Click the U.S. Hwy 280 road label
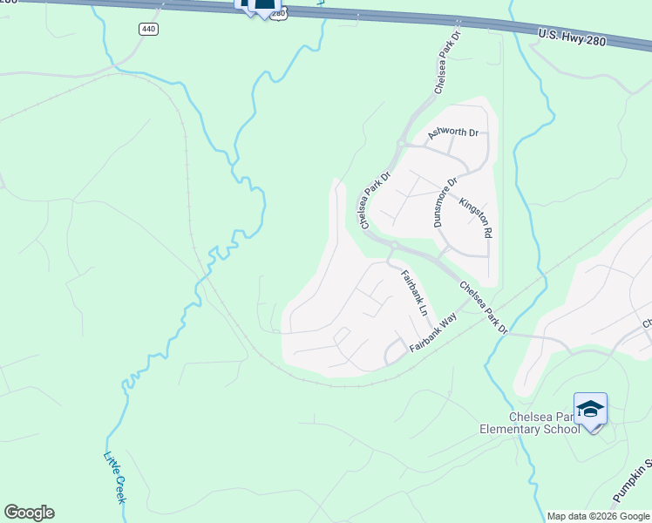[x=571, y=37]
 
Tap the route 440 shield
[x=148, y=29]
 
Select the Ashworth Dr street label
[x=452, y=133]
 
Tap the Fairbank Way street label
[x=433, y=333]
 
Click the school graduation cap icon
[x=590, y=410]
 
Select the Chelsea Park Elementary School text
[x=529, y=422]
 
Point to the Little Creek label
[x=115, y=477]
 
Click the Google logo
[x=29, y=513]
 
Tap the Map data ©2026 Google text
[x=599, y=516]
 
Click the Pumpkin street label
[x=632, y=484]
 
